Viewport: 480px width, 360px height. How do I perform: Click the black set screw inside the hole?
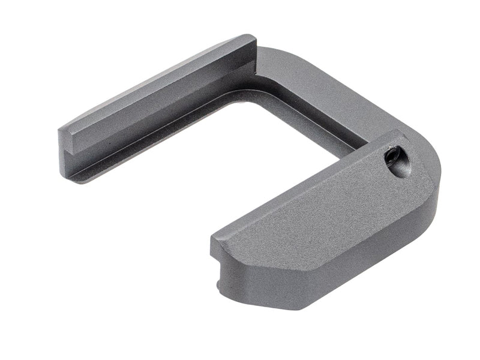(397, 158)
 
